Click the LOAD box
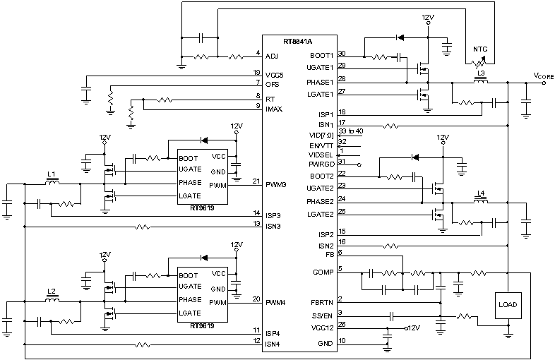(x=508, y=306)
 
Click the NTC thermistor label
(x=482, y=50)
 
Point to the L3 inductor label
(x=482, y=73)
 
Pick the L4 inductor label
(x=482, y=193)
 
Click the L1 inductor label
(x=51, y=173)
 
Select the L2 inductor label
(x=51, y=291)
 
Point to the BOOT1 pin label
(x=322, y=54)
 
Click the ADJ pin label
(x=271, y=54)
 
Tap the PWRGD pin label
(x=322, y=162)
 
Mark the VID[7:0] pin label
(x=322, y=133)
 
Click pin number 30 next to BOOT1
(x=342, y=52)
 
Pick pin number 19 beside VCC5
(x=257, y=72)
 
